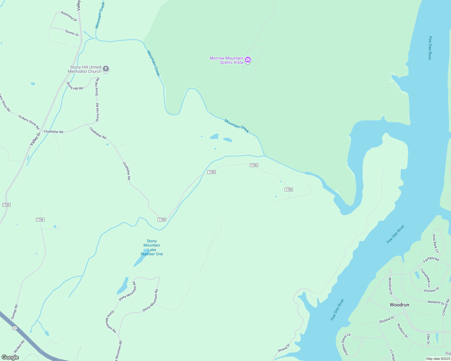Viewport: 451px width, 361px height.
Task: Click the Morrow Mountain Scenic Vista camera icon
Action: [248, 60]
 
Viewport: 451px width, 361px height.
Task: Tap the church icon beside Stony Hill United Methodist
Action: [106, 69]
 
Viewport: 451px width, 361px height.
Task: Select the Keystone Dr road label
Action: [69, 16]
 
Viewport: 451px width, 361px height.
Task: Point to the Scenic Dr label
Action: [72, 33]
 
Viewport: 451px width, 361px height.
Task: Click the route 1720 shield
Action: [6, 205]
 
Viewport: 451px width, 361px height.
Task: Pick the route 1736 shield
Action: [40, 220]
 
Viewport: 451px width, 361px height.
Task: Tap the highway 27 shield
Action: [15, 328]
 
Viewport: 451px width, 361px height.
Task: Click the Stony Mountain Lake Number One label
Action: [152, 248]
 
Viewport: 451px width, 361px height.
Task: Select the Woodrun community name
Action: [399, 305]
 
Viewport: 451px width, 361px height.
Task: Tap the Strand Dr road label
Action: [284, 348]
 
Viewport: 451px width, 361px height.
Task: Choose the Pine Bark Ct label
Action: [435, 243]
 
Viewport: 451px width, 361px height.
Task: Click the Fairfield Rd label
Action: [431, 259]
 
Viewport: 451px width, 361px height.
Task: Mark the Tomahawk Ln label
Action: [425, 278]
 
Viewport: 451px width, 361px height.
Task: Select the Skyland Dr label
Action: [386, 320]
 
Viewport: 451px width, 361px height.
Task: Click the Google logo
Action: [10, 357]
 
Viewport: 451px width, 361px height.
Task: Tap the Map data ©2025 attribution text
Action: [438, 359]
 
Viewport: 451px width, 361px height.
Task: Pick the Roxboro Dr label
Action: [402, 331]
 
